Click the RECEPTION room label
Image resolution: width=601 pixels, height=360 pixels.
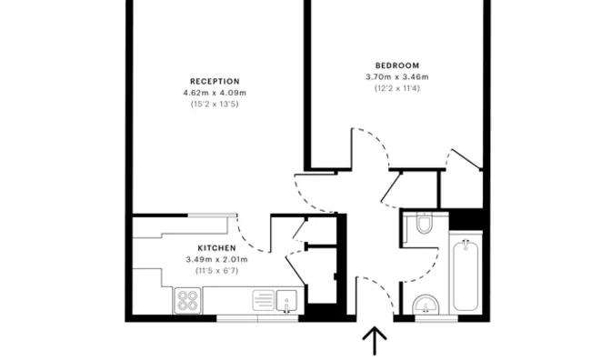point(215,81)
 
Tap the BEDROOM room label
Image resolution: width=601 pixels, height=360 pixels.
point(396,65)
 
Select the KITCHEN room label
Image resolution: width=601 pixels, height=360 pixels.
point(216,248)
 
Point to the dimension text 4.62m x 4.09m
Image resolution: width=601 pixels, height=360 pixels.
point(215,93)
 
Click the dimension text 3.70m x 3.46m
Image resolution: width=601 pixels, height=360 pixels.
point(396,77)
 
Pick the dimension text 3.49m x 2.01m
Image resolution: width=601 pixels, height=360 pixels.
point(216,260)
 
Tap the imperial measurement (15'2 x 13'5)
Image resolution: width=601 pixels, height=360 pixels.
point(215,105)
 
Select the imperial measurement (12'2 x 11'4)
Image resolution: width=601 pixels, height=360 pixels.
point(396,89)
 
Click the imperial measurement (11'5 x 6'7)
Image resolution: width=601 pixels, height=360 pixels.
point(216,271)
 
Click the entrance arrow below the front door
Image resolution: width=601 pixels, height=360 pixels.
point(374,343)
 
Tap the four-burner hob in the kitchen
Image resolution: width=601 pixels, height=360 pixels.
point(188,300)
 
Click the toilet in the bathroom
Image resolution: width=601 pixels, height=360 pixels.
point(421,225)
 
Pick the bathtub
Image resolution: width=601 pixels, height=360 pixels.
point(466,275)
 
